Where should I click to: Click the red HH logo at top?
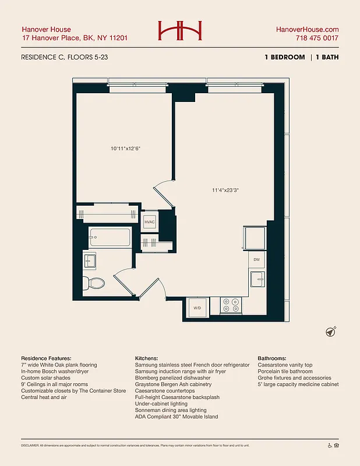point(179,31)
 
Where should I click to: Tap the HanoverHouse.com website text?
point(307,29)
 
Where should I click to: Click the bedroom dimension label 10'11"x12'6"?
point(125,149)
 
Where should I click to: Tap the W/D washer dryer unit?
point(197,308)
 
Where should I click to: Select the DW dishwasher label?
point(256,260)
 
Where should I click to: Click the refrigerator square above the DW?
point(255,238)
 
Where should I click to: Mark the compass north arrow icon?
point(330,331)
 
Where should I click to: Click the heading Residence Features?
point(46,358)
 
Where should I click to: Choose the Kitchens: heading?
point(148,358)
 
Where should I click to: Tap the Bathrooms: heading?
point(277,358)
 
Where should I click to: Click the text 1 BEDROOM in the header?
point(284,57)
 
